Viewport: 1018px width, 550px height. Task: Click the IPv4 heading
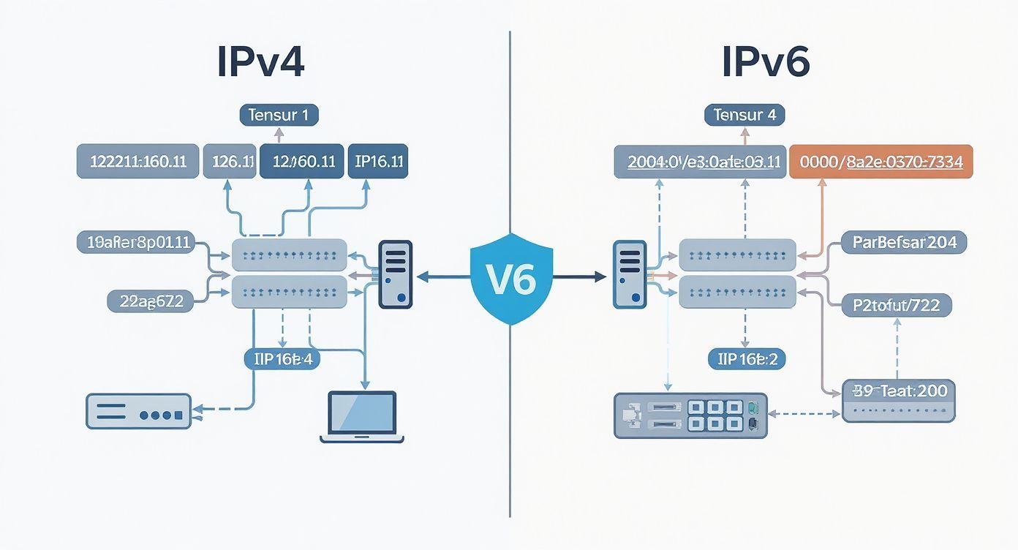coord(260,64)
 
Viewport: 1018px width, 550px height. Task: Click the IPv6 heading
coord(766,64)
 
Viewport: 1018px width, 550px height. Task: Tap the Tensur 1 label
coord(279,115)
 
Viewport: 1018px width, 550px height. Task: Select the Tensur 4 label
coord(744,115)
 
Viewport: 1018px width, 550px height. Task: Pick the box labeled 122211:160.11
coord(137,162)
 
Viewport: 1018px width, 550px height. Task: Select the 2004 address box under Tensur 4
coord(698,162)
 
